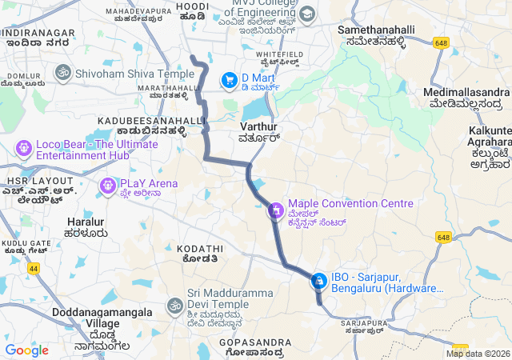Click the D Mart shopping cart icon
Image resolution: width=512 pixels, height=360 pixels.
click(230, 79)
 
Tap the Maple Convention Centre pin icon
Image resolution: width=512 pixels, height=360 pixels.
click(276, 210)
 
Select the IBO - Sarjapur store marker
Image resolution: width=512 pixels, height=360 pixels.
click(319, 281)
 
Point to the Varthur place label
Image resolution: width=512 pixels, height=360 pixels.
click(258, 127)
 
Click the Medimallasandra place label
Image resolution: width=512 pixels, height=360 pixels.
click(466, 92)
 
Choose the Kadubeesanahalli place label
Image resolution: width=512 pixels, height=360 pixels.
click(152, 120)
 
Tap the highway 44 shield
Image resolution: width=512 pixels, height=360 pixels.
click(34, 270)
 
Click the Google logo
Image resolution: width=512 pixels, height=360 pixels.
click(27, 350)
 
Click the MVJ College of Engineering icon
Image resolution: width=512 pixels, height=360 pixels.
click(308, 14)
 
